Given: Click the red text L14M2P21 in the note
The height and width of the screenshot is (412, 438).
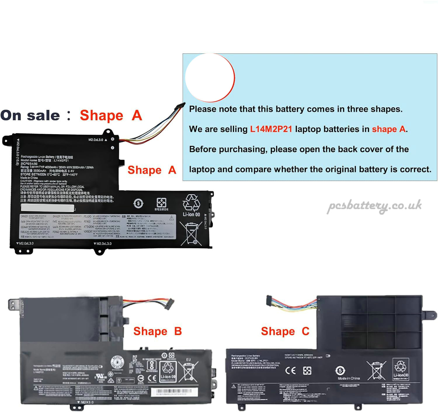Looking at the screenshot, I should (x=271, y=129).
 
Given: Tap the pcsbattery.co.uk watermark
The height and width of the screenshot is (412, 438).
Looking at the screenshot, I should (x=374, y=206).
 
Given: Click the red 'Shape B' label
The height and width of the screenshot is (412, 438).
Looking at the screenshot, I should (x=158, y=331).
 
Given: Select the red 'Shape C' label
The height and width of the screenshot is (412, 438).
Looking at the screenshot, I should (x=285, y=331).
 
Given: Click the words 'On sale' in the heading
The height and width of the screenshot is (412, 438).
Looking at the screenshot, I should (x=30, y=116).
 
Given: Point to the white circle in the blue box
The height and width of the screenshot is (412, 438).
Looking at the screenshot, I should (x=210, y=77).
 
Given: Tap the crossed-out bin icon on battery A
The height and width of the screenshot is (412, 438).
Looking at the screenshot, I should (x=191, y=233).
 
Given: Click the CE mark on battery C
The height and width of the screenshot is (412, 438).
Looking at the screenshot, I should (x=290, y=370).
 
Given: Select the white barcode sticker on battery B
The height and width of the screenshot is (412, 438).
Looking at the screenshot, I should (x=174, y=392).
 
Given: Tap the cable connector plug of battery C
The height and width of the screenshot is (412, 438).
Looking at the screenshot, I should (x=270, y=301).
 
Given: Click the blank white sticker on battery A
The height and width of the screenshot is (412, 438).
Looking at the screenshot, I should (x=48, y=208).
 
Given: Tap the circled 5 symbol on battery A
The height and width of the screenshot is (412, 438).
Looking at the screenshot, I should (x=138, y=203).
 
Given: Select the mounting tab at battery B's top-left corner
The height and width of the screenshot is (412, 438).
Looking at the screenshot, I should (x=13, y=304).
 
